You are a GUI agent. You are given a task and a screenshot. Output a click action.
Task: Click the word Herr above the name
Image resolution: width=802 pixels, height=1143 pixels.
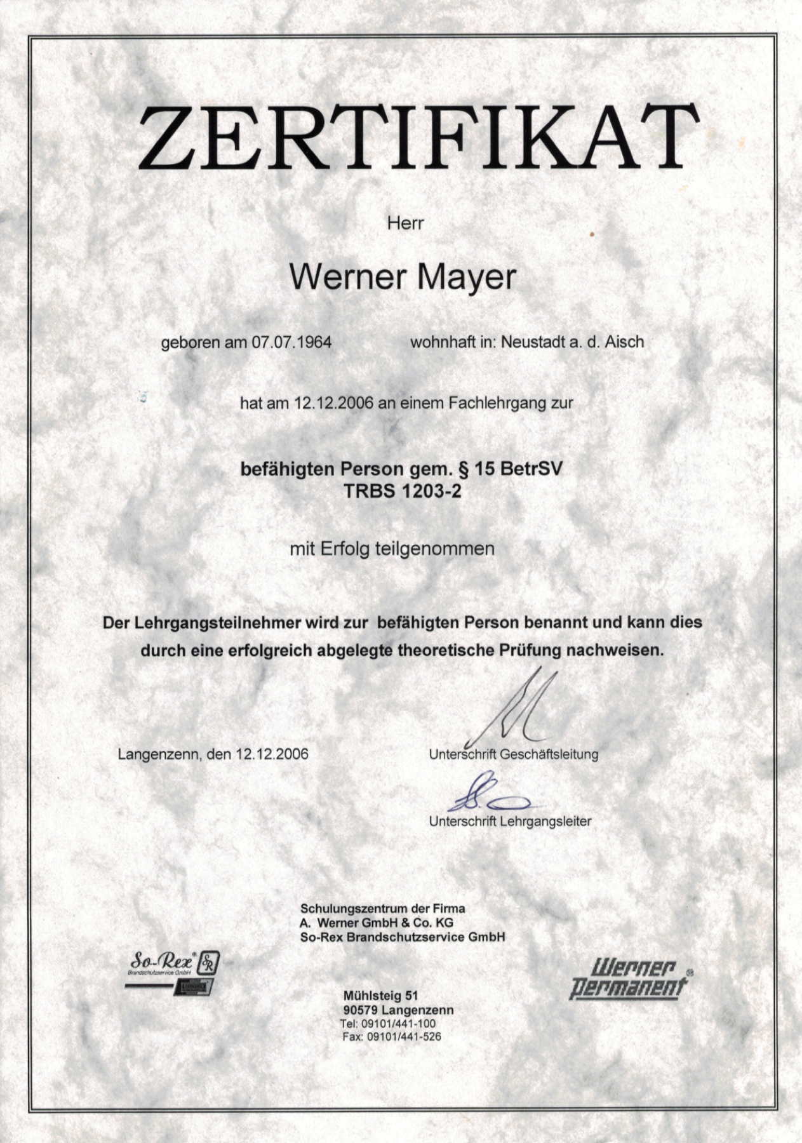tap(405, 224)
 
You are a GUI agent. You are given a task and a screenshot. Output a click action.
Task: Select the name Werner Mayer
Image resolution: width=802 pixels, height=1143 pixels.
tap(403, 277)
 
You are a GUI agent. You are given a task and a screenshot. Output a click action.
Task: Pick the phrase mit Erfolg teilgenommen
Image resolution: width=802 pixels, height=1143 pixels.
tap(392, 549)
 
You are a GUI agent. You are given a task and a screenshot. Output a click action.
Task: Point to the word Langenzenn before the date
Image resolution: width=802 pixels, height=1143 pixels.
tap(157, 754)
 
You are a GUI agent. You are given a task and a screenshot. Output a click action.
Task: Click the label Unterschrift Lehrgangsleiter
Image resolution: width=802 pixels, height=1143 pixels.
tap(510, 821)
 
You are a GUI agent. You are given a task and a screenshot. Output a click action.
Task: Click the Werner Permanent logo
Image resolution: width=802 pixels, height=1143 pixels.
tap(629, 979)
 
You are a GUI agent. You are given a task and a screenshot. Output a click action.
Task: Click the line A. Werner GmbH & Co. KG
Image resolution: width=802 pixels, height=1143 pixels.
tap(377, 923)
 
